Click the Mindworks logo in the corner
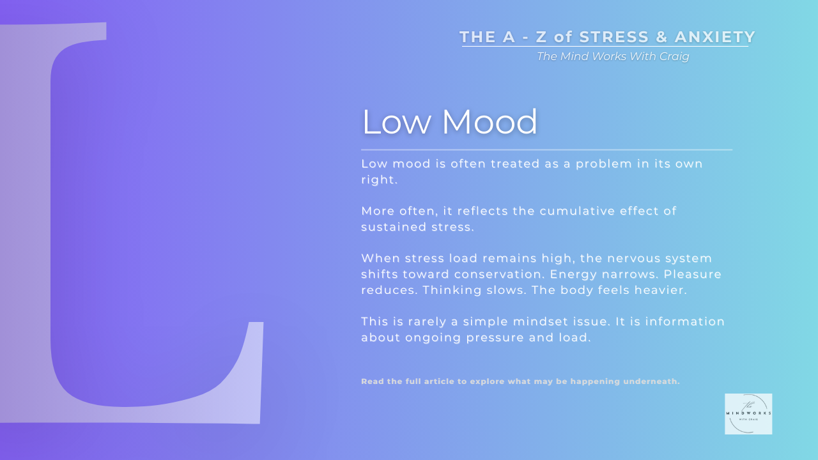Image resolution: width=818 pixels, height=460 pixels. point(748,414)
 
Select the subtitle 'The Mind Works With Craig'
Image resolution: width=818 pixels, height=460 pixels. point(613,56)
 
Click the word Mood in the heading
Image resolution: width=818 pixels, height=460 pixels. point(489,121)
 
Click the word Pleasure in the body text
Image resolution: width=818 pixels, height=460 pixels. point(692,274)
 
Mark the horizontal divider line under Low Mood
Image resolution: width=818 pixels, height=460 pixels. point(546,149)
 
